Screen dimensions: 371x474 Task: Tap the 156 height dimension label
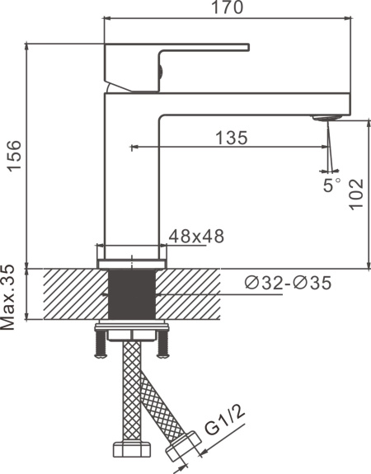pos(14,156)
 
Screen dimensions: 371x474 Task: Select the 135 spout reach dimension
pos(232,138)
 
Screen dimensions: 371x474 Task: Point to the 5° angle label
pos(331,185)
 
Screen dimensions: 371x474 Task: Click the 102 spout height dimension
pos(356,194)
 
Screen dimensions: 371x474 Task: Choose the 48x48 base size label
pos(196,236)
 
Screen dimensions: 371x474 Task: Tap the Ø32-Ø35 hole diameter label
pos(289,283)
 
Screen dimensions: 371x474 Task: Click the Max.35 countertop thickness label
pos(7,298)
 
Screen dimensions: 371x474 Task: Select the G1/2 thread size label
pos(224,420)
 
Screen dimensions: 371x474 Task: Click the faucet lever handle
pos(176,68)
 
